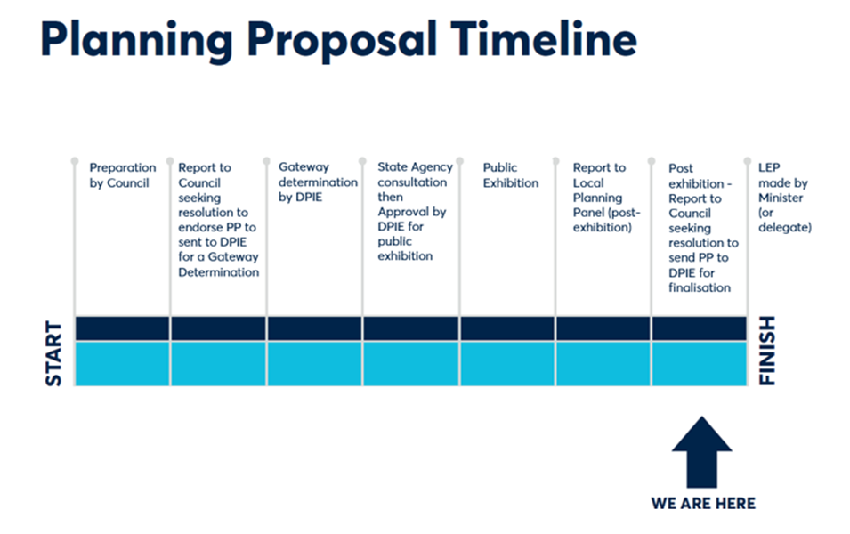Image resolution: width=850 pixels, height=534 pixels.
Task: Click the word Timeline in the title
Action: point(544,39)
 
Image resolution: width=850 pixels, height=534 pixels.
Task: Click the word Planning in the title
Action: point(136,43)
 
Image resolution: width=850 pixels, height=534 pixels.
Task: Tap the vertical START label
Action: point(53,353)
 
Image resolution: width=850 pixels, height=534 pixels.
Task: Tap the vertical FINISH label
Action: point(767,351)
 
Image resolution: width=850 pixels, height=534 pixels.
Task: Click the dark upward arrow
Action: point(701,452)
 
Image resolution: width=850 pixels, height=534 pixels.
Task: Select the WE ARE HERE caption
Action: point(703,503)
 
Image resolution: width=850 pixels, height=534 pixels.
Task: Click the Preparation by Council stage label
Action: point(123,175)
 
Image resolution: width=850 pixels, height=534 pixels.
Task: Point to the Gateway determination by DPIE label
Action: point(318,182)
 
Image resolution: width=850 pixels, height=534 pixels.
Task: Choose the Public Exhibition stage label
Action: point(511,175)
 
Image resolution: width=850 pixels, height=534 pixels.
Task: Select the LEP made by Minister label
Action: point(784,198)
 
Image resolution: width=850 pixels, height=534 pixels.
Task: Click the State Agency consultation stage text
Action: point(416,212)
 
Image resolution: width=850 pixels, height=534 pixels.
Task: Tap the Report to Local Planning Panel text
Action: point(607,198)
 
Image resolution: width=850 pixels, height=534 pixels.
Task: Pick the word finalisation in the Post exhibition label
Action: point(700,287)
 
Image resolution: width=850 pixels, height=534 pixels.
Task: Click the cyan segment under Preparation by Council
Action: point(123,363)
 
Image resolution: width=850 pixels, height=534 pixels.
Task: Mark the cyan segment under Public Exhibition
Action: point(507,363)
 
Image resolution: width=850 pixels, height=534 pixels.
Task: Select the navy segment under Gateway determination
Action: point(314,328)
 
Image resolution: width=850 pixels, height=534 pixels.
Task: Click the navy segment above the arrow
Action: point(700,328)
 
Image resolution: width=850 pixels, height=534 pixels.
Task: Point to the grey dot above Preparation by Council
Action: point(75,161)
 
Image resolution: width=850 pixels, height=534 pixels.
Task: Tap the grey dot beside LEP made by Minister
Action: point(747,161)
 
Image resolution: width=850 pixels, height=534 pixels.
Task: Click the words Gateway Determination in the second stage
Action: point(218,264)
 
